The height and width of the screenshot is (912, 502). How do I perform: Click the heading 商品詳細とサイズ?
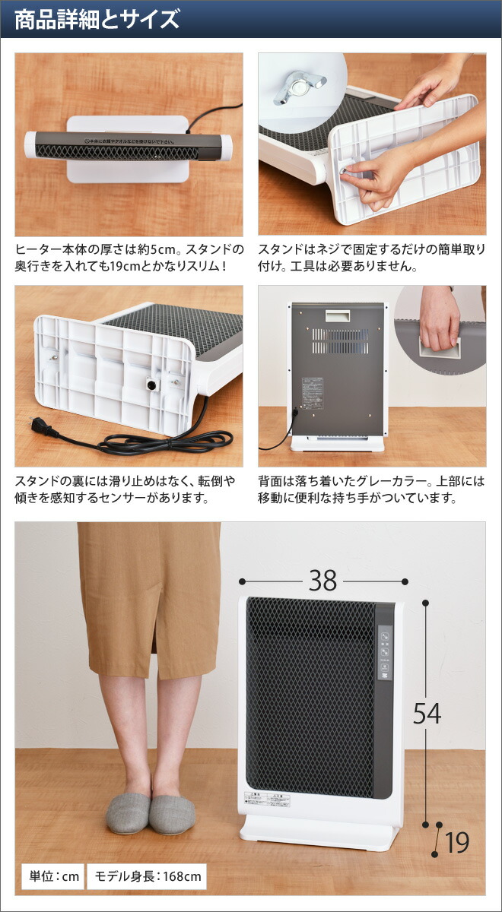(97, 19)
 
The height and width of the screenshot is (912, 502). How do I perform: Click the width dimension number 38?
(322, 581)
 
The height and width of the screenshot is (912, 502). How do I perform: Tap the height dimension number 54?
(427, 713)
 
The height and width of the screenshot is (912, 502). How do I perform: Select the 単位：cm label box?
(51, 876)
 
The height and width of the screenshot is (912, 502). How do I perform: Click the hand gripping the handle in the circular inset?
(440, 316)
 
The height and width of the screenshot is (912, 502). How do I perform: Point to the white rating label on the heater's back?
(313, 393)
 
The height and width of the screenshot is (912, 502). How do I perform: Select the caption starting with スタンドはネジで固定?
(371, 258)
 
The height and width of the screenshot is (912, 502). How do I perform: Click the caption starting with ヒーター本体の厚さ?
(129, 258)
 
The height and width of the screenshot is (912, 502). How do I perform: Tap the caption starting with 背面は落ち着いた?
(371, 490)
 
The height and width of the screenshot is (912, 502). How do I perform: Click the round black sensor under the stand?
(152, 385)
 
